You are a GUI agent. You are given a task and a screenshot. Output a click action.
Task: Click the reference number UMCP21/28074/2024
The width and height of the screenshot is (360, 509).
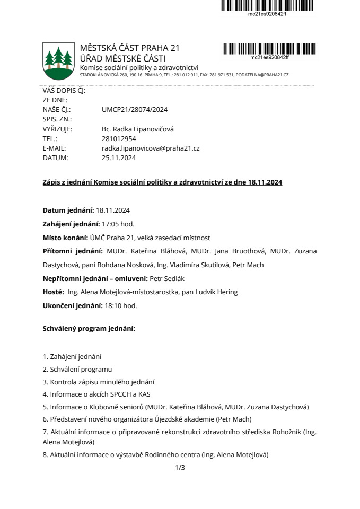[x=134, y=110]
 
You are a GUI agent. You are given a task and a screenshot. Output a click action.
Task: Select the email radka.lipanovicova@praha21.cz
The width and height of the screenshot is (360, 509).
[x=150, y=148]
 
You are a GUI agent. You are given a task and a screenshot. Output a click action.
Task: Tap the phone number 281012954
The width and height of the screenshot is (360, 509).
[x=119, y=139]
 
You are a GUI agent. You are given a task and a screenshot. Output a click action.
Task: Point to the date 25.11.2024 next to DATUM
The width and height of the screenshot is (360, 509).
[x=119, y=158]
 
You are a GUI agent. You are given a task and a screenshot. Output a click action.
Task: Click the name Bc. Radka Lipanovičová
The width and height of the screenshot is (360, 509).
[x=137, y=129]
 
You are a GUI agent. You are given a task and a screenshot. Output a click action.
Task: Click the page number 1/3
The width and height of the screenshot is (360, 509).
[x=180, y=468]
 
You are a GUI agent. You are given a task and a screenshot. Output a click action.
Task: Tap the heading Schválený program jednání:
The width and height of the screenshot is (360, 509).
[x=89, y=329]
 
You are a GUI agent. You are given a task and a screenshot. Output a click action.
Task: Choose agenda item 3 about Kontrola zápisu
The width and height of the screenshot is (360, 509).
[x=99, y=382]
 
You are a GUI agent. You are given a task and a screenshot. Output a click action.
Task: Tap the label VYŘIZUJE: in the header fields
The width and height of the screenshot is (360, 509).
[x=57, y=129]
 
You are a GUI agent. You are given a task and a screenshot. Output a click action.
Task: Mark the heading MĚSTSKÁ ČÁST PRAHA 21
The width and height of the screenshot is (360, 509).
[x=129, y=48]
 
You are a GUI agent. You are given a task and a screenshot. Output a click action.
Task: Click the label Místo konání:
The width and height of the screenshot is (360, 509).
[x=64, y=238]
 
